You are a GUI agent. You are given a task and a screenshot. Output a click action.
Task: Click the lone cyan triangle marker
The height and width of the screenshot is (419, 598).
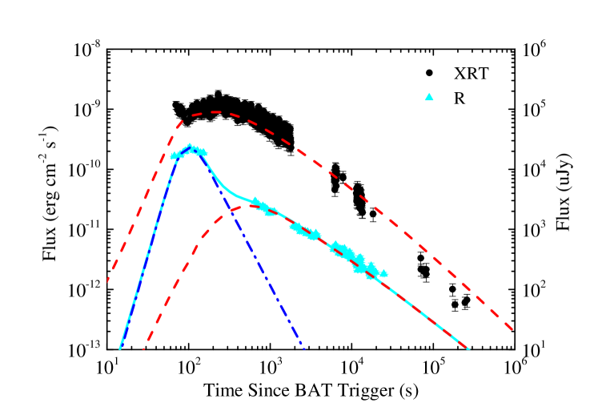[x=429, y=97]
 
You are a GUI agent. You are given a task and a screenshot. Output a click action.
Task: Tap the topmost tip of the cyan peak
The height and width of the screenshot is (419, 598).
[x=191, y=145]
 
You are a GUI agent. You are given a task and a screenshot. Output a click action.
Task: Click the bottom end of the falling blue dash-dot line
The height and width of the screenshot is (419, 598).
[x=304, y=348]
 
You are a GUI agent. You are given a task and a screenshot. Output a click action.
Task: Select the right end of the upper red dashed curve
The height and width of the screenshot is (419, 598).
[x=512, y=329]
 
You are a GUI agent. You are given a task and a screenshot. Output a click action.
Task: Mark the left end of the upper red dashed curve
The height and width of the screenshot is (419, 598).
[x=108, y=280]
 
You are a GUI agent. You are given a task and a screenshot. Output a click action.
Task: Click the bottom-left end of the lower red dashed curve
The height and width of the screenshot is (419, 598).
[x=143, y=349]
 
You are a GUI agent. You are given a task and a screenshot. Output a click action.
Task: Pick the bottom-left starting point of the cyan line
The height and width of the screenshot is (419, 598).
[x=120, y=348]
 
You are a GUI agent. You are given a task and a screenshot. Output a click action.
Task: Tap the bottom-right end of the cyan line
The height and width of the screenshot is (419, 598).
[x=469, y=349]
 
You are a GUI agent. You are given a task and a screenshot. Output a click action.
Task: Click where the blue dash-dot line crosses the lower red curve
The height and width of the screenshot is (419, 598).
[x=230, y=210]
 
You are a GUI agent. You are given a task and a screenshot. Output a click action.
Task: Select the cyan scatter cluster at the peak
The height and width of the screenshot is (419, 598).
[x=189, y=151]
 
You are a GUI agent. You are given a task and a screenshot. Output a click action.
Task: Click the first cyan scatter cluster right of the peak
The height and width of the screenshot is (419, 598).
[x=262, y=207]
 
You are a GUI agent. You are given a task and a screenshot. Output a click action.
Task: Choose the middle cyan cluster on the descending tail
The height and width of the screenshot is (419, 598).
[x=305, y=232]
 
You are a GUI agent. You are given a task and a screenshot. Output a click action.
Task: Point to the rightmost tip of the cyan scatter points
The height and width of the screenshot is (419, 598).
[x=387, y=274]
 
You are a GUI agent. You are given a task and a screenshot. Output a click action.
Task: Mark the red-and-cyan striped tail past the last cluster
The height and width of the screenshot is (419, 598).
[x=424, y=312]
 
